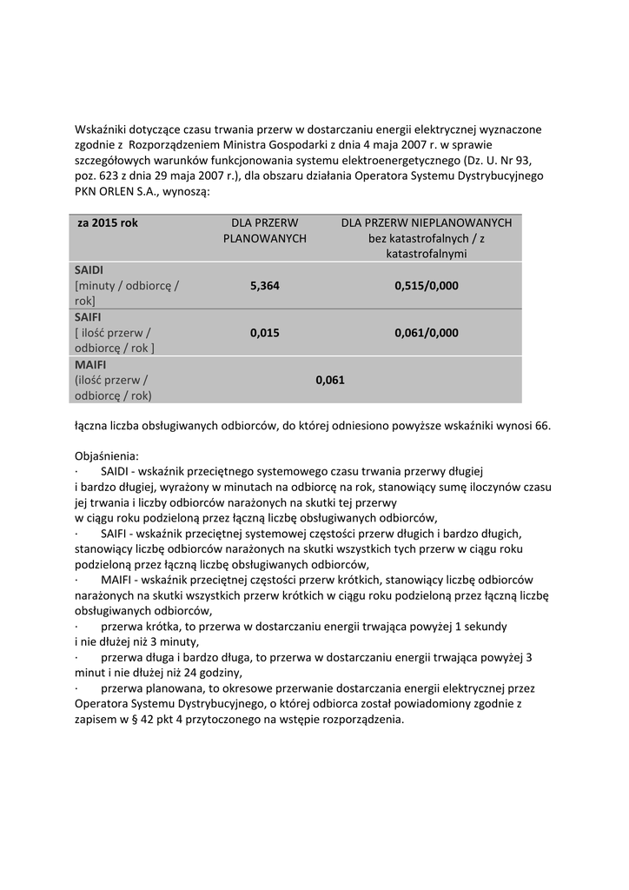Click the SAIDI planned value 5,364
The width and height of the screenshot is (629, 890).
click(264, 285)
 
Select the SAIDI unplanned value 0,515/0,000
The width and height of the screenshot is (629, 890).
click(426, 285)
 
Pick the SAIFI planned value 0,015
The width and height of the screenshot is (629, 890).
click(264, 332)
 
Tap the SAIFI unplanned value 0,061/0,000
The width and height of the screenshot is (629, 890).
click(426, 332)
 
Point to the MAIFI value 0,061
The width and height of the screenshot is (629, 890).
click(330, 379)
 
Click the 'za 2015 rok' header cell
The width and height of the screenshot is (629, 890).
click(108, 223)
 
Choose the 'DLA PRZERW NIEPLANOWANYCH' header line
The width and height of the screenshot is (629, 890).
click(426, 223)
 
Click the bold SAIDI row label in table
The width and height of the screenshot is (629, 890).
click(89, 270)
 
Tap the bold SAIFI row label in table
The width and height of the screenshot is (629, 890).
click(89, 317)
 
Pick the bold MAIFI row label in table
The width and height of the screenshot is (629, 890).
click(90, 364)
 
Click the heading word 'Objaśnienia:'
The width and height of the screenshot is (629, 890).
click(107, 455)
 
